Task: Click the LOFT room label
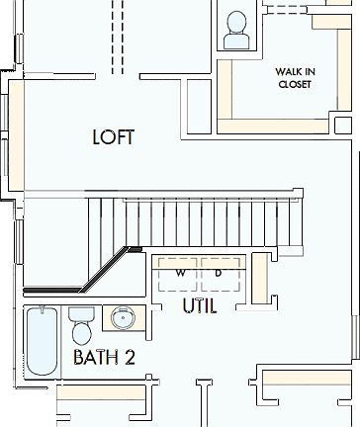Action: [113, 137]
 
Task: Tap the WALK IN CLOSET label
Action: [294, 78]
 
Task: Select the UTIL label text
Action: [199, 306]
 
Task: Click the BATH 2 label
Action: [104, 357]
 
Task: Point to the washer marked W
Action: [180, 273]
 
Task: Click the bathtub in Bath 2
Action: [42, 342]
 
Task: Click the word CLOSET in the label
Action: [294, 85]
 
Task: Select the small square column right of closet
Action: [341, 126]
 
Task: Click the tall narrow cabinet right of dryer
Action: [261, 278]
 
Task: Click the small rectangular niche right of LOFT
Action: [197, 105]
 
